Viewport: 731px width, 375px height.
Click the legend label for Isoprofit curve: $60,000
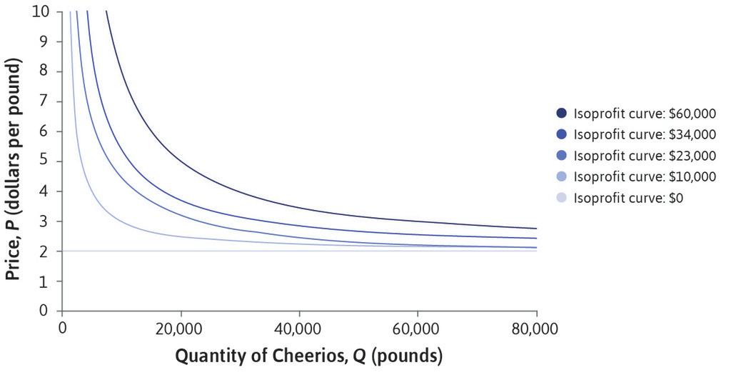pos(644,113)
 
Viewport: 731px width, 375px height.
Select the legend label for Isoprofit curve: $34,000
pos(644,134)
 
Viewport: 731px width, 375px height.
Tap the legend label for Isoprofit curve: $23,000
pos(644,155)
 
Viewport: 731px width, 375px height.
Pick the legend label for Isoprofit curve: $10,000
pos(644,176)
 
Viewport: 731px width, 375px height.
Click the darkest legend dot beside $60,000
pos(561,113)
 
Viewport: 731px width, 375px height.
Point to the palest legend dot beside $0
pos(561,197)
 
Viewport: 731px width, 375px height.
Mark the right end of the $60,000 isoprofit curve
pos(535,228)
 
